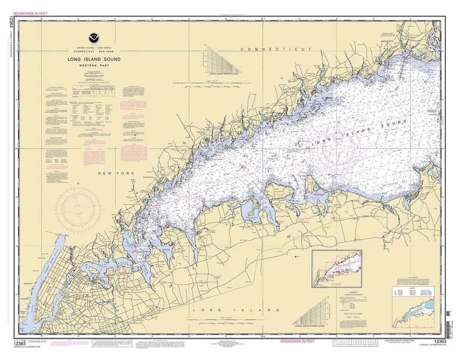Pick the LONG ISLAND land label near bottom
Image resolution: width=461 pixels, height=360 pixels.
224,311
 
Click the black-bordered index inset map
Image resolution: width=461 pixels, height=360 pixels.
338,268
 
